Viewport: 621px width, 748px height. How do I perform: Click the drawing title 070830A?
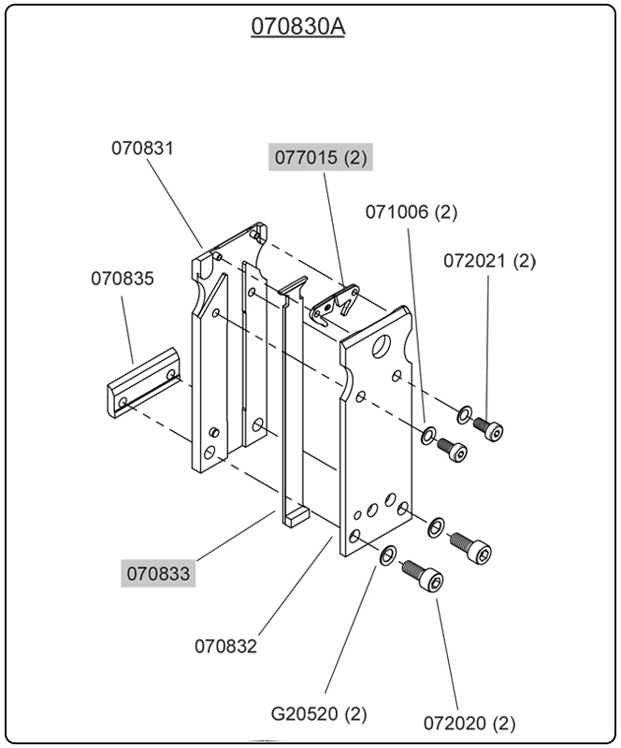297,27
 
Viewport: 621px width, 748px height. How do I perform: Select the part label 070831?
143,148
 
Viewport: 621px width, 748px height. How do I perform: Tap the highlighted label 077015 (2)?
322,157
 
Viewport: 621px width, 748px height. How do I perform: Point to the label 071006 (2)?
411,212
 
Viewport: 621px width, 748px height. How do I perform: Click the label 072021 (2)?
489,261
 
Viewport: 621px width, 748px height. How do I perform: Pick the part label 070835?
123,279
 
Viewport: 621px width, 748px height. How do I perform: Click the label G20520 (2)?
319,713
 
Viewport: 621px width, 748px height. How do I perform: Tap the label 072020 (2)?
469,723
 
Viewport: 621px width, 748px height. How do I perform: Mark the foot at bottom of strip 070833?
296,513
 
